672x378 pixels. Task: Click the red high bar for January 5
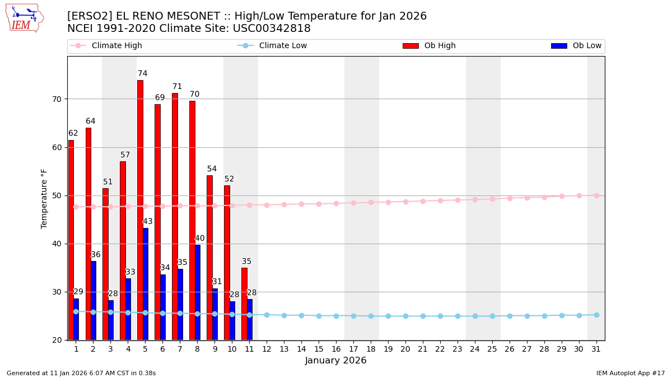140,210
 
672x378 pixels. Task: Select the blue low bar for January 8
198,292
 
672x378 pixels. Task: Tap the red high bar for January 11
244,304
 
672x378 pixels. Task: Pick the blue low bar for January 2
94,300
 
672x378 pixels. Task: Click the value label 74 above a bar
143,74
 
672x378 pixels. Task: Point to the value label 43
148,222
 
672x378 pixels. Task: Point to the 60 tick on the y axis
57,147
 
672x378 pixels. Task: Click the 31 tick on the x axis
596,349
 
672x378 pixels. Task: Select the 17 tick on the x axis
353,349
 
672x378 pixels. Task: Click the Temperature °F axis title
45,198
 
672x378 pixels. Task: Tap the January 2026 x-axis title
335,361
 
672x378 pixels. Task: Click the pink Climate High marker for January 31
596,195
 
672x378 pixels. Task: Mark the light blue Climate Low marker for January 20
405,316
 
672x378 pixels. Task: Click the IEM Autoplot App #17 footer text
630,374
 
